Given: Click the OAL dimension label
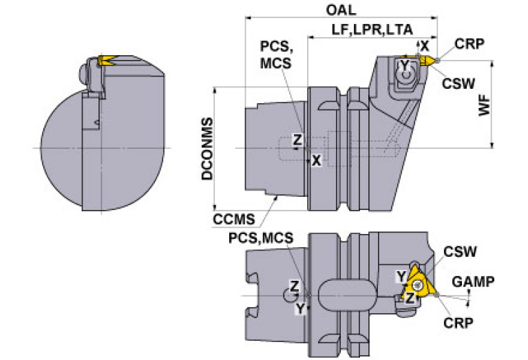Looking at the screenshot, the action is tap(341, 10).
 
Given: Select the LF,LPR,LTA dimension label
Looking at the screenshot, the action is tap(372, 30).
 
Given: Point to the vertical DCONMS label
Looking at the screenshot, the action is tap(207, 149).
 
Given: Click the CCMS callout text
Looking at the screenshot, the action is tap(233, 220).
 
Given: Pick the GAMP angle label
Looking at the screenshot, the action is tap(473, 282).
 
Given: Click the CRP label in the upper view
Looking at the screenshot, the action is tap(469, 44).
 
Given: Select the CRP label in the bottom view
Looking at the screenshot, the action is tap(458, 323).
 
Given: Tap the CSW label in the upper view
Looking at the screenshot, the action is tap(458, 83).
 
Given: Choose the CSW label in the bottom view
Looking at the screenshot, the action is tap(460, 251).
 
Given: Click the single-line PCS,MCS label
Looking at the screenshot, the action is tap(261, 238).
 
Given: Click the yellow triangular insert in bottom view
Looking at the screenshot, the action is tap(419, 284).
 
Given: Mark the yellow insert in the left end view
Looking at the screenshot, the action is tap(106, 61).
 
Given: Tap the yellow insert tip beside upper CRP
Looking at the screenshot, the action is tap(427, 61).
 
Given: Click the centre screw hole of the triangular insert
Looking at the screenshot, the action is tap(418, 285).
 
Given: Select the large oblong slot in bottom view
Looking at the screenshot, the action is tap(347, 295).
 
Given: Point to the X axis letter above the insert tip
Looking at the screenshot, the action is tap(425, 46).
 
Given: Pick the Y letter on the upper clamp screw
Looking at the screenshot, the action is tap(404, 65).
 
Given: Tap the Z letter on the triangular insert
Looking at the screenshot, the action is tap(410, 298).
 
